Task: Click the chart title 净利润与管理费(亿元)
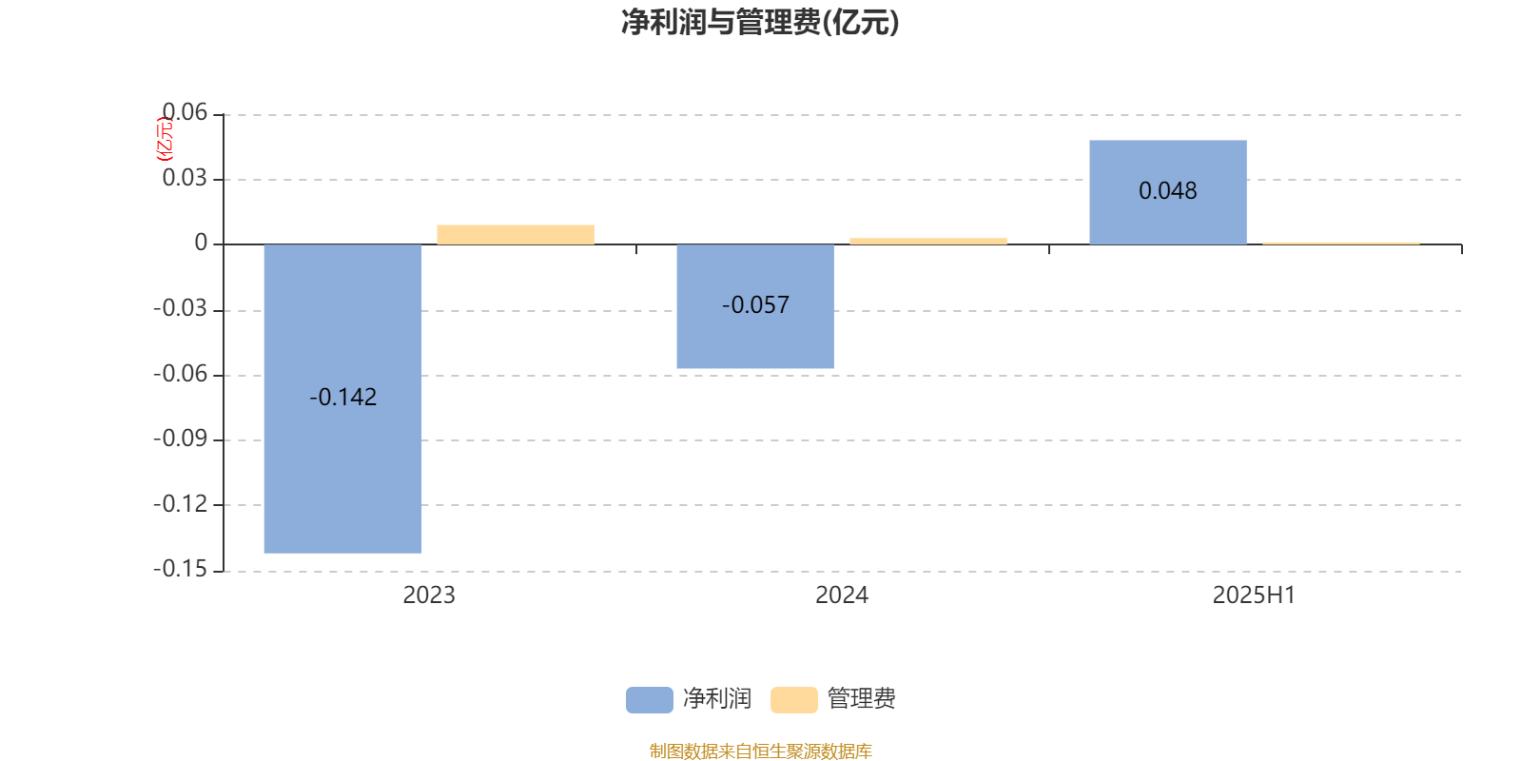pyautogui.click(x=760, y=22)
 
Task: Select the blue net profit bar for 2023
pyautogui.click(x=342, y=399)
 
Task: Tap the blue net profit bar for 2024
pyautogui.click(x=755, y=305)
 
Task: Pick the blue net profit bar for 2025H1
pyautogui.click(x=1168, y=192)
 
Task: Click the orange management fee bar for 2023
pyautogui.click(x=516, y=234)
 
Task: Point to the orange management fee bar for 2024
pyautogui.click(x=928, y=241)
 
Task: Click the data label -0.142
pyautogui.click(x=343, y=397)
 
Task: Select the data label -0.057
pyautogui.click(x=755, y=305)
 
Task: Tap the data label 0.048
pyautogui.click(x=1168, y=191)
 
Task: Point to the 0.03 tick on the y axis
pyautogui.click(x=185, y=178)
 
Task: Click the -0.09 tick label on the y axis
pyautogui.click(x=180, y=439)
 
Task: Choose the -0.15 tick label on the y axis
pyautogui.click(x=180, y=570)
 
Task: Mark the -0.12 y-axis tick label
pyautogui.click(x=180, y=504)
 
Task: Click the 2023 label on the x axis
pyautogui.click(x=429, y=595)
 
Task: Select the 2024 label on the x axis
pyautogui.click(x=842, y=595)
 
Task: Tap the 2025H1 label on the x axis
pyautogui.click(x=1255, y=595)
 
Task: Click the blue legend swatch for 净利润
pyautogui.click(x=650, y=700)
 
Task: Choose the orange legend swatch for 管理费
pyautogui.click(x=793, y=700)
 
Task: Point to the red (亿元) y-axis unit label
pyautogui.click(x=165, y=139)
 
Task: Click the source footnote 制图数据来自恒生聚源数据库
pyautogui.click(x=760, y=751)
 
